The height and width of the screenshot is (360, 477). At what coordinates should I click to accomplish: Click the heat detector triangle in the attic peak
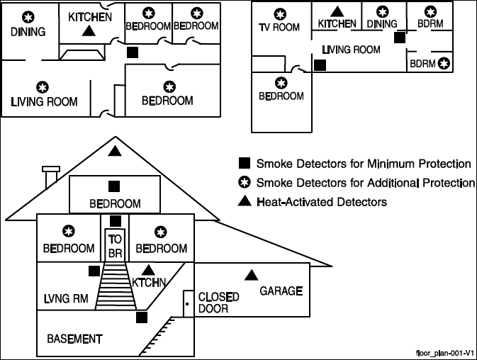click(x=115, y=151)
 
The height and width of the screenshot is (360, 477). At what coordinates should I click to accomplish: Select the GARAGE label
click(x=281, y=291)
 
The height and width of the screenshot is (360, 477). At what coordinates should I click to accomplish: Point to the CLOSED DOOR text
click(x=218, y=303)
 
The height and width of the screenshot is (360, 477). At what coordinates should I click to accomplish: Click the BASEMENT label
click(x=74, y=339)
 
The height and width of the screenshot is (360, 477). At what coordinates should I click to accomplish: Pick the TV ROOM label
click(x=279, y=28)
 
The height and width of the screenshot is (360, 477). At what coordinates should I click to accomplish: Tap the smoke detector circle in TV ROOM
click(x=281, y=13)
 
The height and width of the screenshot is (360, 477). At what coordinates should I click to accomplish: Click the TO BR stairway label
click(x=116, y=247)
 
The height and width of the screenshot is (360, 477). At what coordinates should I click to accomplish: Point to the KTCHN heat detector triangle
click(x=148, y=269)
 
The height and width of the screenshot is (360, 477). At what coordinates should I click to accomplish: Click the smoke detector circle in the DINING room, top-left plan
click(x=28, y=17)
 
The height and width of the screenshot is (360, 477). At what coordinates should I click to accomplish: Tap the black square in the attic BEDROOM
click(x=113, y=186)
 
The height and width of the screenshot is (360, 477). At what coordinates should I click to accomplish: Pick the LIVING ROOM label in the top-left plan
click(x=44, y=101)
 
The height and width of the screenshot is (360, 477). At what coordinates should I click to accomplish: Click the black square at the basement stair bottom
click(x=142, y=317)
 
